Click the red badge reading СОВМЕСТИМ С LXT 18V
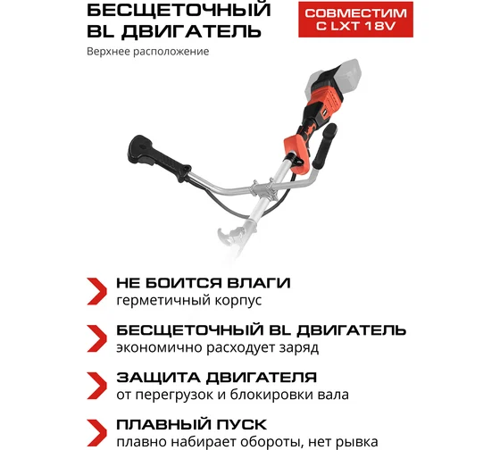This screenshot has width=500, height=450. [x=355, y=20]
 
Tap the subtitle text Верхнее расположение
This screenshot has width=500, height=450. [x=148, y=52]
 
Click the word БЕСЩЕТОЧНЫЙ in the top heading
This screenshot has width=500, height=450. [x=179, y=10]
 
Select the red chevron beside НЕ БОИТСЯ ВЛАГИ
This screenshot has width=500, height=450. [x=96, y=291]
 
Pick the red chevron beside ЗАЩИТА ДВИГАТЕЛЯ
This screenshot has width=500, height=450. [x=96, y=386]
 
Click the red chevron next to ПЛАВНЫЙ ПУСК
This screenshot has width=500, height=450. [x=96, y=433]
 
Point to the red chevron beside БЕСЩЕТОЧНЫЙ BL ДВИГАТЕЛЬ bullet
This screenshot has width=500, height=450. [x=96, y=338]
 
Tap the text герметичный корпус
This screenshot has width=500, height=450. [x=189, y=300]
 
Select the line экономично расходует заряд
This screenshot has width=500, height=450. [x=218, y=347]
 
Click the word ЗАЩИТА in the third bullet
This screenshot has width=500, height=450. [x=158, y=378]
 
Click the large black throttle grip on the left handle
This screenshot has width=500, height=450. [x=159, y=157]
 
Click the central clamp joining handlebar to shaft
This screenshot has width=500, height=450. [x=263, y=189]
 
